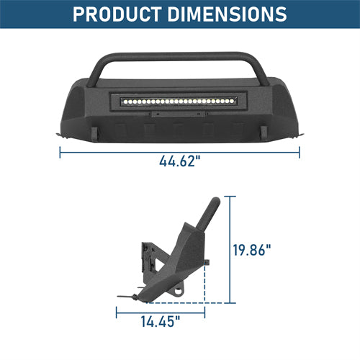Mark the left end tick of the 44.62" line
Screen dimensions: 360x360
point(60,152)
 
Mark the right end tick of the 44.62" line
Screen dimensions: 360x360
point(300,152)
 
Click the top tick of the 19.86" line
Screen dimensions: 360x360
point(231,196)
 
